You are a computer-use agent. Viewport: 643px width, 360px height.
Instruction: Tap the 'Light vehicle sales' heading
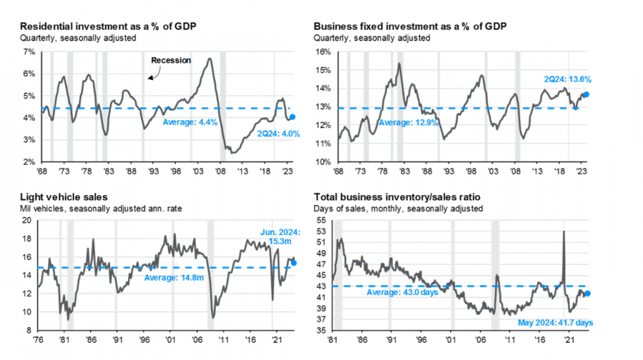[58, 196]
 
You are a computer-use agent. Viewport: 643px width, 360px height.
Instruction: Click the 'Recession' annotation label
[171, 61]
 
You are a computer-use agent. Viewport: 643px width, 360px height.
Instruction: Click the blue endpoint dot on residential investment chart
[291, 117]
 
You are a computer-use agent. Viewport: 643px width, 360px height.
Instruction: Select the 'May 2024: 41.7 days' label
[554, 323]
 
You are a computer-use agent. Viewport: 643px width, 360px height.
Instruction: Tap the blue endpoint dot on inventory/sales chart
[587, 293]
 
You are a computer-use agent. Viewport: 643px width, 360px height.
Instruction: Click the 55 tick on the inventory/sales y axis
[322, 221]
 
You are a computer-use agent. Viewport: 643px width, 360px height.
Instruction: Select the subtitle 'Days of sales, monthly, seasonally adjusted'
[398, 209]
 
